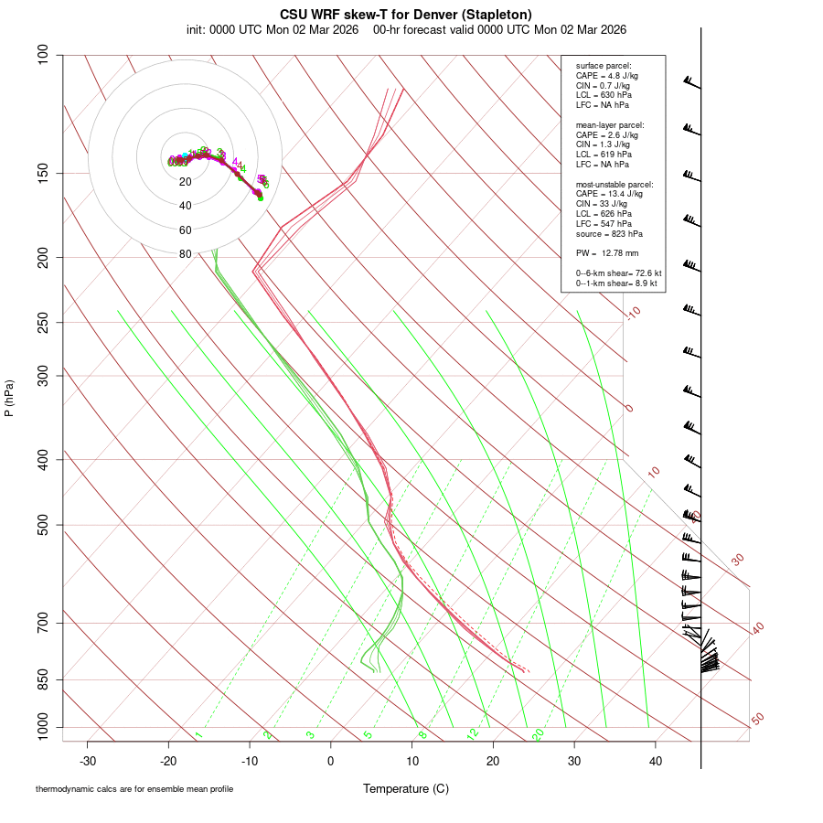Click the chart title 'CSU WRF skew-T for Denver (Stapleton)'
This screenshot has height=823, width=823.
[406, 15]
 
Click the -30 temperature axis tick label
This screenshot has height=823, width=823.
[88, 761]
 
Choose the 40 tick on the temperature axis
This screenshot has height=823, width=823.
[656, 761]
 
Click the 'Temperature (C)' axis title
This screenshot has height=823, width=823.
[406, 788]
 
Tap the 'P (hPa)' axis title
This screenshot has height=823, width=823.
[9, 398]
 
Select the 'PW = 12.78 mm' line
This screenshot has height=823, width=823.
[607, 252]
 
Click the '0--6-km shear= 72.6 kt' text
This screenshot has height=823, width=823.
[618, 273]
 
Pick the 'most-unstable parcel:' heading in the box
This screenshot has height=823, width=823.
[615, 184]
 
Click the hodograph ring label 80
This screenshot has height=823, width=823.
[186, 254]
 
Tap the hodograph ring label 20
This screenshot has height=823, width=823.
[186, 182]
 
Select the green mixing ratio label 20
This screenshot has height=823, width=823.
[538, 734]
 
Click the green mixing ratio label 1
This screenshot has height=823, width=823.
[198, 734]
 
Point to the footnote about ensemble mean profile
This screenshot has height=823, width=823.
[134, 789]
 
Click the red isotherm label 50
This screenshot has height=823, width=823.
[757, 720]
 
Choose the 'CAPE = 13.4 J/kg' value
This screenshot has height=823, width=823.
[609, 194]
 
